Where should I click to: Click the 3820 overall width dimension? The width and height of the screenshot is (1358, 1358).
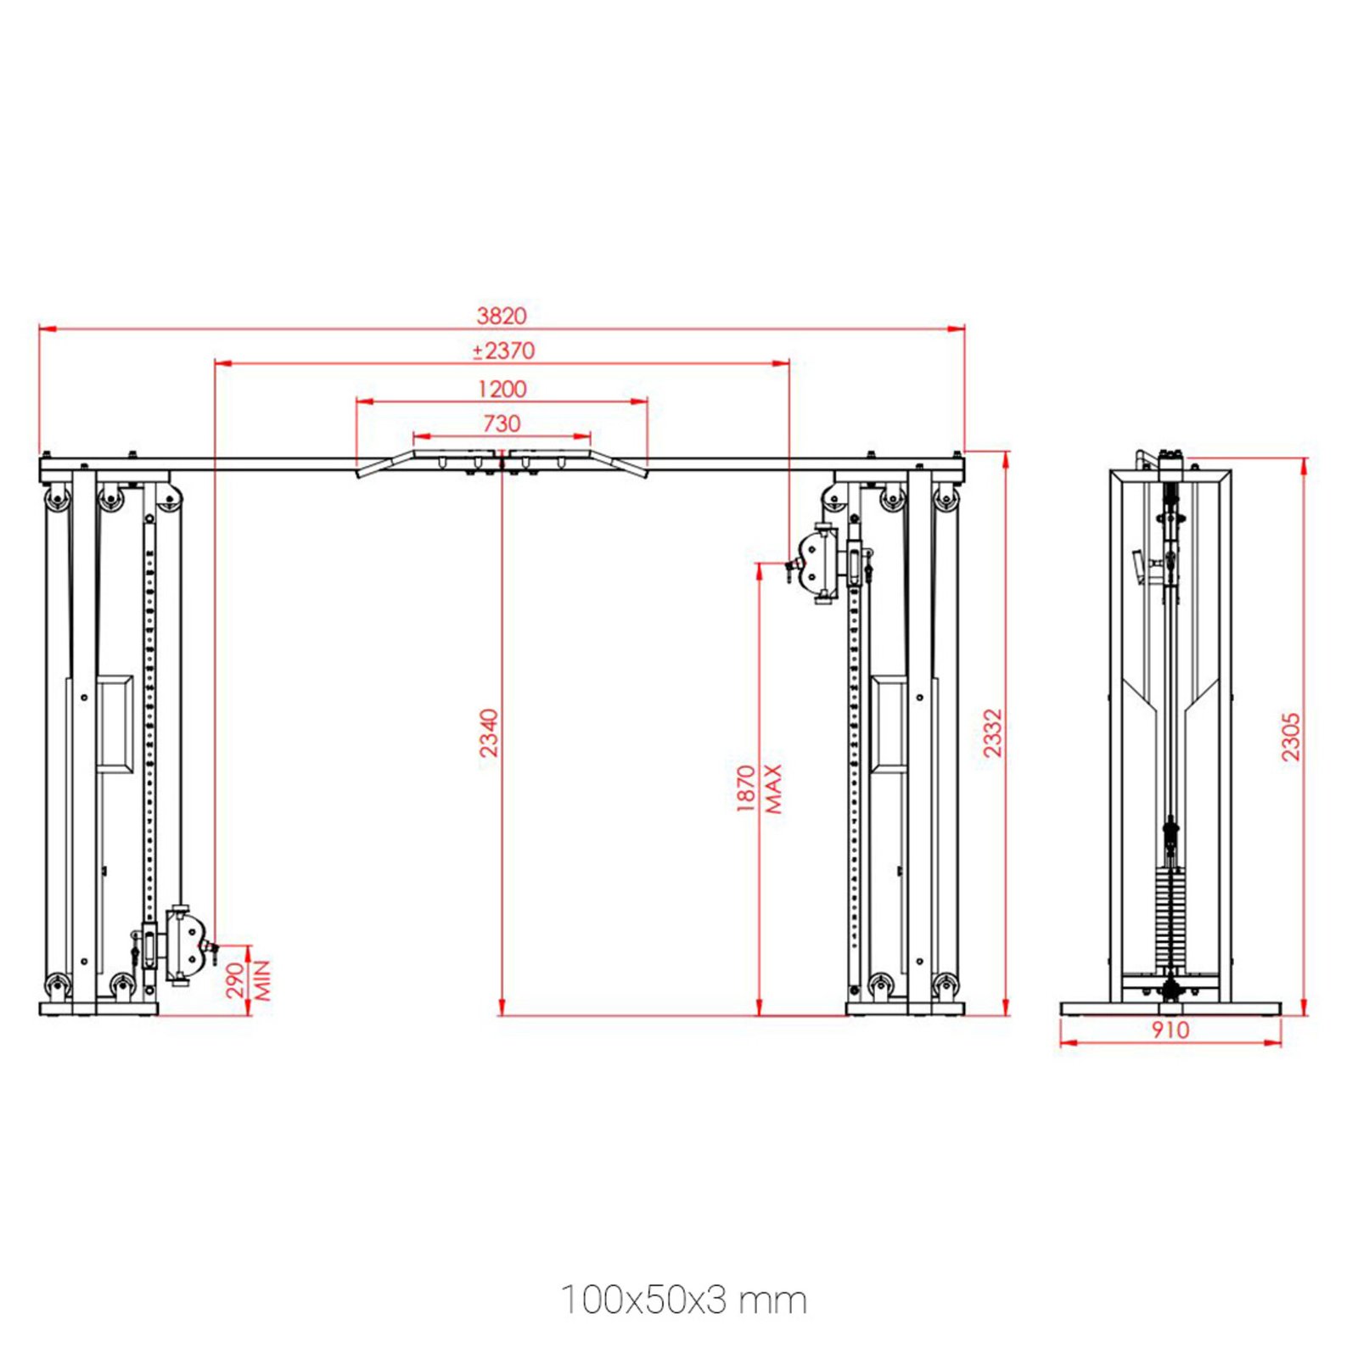point(502,316)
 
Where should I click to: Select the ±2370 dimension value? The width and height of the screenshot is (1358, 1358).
point(503,351)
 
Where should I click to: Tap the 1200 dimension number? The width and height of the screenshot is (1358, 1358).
point(502,389)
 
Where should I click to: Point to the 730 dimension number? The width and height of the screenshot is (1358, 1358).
point(502,424)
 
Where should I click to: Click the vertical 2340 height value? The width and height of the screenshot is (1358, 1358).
point(489,732)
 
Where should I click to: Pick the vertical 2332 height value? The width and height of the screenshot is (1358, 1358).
point(992,732)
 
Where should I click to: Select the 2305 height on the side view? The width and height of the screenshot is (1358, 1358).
point(1290,737)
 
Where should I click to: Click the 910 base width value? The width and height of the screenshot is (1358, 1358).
point(1170,1030)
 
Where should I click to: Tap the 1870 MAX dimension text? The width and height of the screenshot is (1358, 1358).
point(759,788)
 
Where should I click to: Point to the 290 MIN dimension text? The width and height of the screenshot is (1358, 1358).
point(249,980)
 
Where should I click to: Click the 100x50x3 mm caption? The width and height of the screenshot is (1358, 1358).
point(683,1300)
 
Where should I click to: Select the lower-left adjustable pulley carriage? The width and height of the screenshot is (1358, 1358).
point(183,946)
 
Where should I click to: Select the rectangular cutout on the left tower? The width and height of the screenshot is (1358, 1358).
point(115,724)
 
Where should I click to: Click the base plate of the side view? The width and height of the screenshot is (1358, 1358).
point(1170,1009)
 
